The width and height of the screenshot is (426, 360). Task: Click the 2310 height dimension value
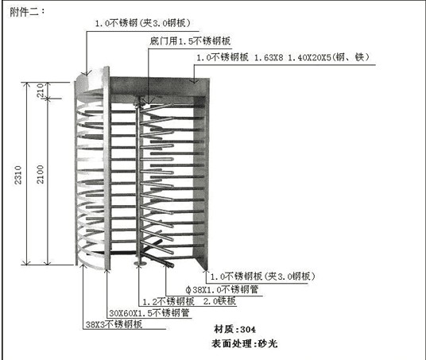coord(18,176)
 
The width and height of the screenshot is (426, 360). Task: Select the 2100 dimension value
coord(41,174)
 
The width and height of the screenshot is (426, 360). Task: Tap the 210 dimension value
coord(41,91)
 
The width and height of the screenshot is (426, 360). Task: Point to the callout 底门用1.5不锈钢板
coord(190,41)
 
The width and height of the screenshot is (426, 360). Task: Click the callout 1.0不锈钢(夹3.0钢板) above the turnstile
coord(142,23)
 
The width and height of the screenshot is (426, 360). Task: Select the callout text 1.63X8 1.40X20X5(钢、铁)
coord(312,57)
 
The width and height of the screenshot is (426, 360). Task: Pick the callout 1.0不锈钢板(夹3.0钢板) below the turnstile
coord(263,277)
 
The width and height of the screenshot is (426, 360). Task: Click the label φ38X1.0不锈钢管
coord(222,289)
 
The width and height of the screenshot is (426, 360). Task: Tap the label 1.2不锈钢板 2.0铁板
coord(189,301)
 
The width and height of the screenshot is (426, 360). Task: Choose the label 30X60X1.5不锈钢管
coord(149,313)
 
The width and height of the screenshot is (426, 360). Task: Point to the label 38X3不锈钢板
coord(114,324)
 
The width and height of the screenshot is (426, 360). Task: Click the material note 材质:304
coord(234,329)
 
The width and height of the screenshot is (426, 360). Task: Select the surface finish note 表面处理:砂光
coord(245,343)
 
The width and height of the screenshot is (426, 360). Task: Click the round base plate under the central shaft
coord(140,263)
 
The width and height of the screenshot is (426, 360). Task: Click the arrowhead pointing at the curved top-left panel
coord(87,72)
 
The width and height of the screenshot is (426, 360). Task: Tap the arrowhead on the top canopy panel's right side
coord(194,80)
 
